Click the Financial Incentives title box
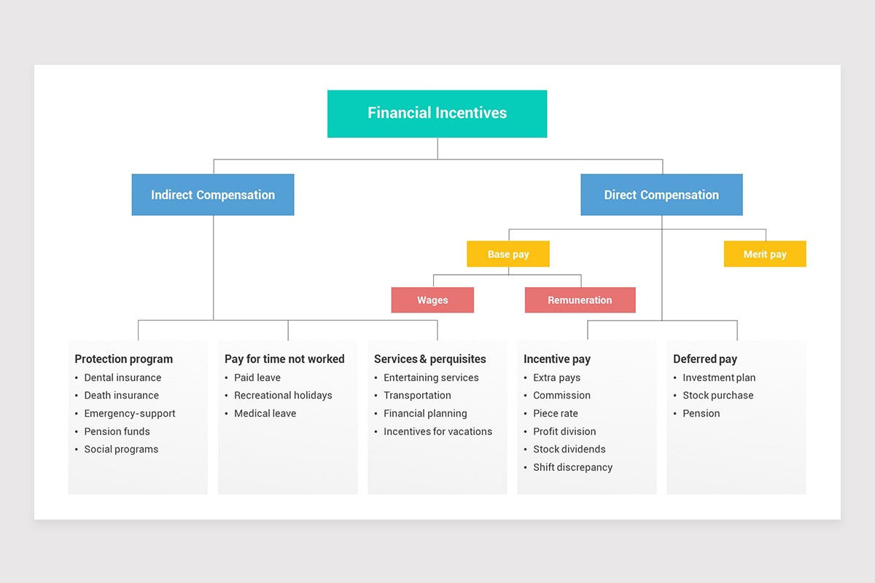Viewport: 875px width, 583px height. point(437,113)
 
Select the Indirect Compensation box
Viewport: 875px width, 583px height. point(213,195)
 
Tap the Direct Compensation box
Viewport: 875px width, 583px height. point(661,195)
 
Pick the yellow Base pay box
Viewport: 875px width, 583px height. point(508,254)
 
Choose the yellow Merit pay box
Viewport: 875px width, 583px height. point(765,254)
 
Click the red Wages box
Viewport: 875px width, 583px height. point(432,300)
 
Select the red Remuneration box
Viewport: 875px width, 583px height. point(580,300)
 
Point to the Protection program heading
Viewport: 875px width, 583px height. point(124,359)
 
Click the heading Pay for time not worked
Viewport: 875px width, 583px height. point(284,359)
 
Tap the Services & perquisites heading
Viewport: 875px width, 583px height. point(429,359)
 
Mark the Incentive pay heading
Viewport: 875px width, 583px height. point(557,359)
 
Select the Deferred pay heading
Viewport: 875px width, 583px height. point(705,359)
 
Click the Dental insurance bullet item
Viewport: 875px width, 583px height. point(122,377)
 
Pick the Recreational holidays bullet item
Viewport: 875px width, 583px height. point(283,395)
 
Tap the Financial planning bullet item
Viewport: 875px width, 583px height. point(425,413)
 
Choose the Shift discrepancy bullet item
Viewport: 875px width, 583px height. point(572,467)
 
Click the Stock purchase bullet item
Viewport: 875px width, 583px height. point(717,395)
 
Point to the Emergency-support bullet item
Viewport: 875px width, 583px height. point(130,413)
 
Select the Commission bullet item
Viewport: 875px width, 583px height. point(561,395)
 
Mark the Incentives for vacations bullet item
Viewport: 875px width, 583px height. point(437,431)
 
